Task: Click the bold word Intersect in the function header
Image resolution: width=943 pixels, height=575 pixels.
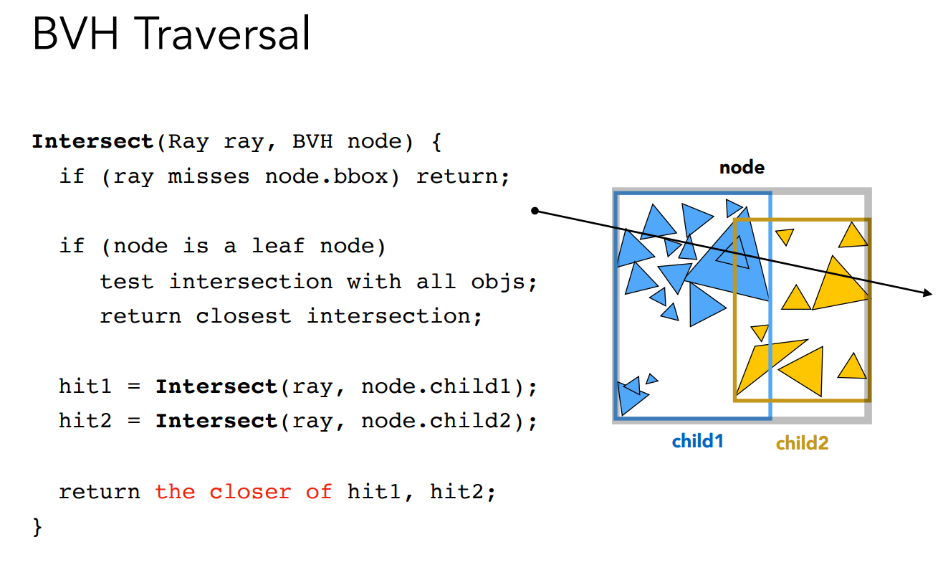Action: click(92, 141)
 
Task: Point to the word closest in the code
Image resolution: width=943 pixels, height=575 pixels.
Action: click(244, 316)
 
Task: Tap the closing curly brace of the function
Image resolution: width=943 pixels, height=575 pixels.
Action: click(37, 528)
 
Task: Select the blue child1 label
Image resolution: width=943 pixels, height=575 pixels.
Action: click(697, 441)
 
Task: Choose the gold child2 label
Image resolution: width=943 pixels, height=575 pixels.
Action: click(802, 443)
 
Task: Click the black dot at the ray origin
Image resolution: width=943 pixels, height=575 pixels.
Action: click(535, 211)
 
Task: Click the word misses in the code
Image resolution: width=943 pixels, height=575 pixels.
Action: click(209, 176)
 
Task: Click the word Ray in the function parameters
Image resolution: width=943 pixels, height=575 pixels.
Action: click(188, 141)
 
